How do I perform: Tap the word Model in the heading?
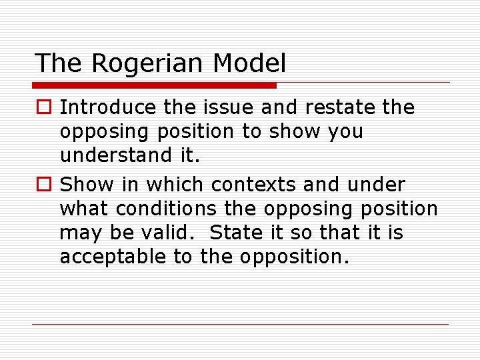[x=249, y=64]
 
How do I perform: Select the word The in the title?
[x=60, y=64]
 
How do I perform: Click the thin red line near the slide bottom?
[x=240, y=325]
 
